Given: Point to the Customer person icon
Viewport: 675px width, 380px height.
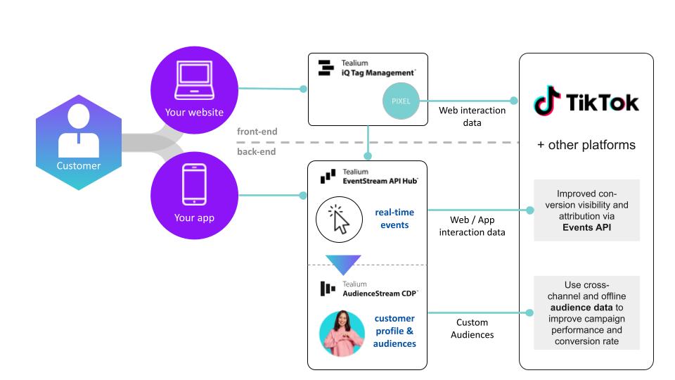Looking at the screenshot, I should (79, 136).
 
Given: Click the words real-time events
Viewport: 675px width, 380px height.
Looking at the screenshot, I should (394, 217).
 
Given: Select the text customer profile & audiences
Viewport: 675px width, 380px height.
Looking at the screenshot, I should (394, 331).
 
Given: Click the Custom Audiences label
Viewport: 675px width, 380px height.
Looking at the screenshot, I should (472, 329).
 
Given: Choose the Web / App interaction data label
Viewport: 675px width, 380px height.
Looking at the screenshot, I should (472, 227).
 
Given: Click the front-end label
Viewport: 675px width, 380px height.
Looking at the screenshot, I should (257, 131).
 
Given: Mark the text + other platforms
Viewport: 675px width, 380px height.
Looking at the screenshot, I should (586, 145).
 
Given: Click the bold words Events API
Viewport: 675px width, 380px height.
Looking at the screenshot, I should (586, 227).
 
